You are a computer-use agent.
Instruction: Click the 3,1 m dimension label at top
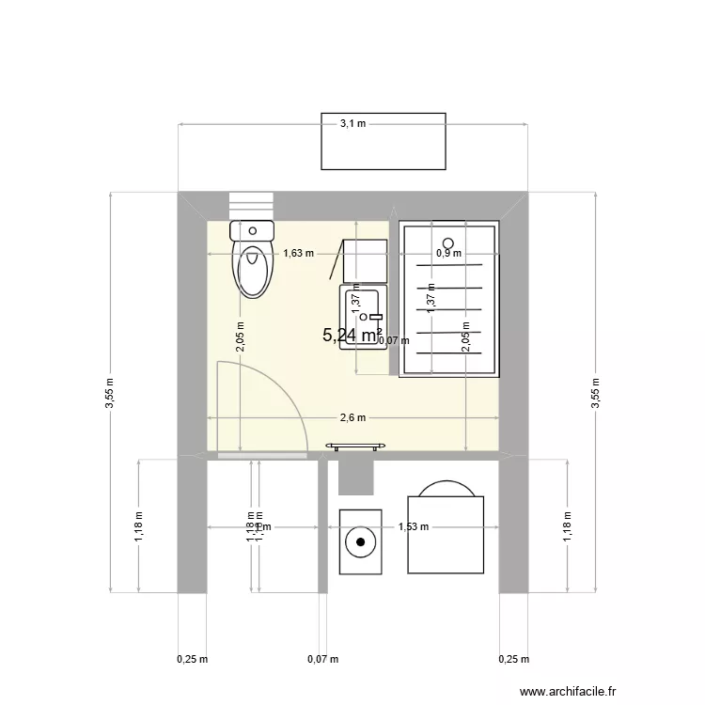(352, 123)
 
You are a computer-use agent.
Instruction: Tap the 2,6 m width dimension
(352, 418)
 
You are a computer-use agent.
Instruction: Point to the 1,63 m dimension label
(299, 253)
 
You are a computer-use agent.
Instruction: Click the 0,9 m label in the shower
(448, 253)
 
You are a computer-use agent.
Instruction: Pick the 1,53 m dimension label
(413, 527)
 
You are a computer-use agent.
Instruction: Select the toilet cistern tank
(252, 230)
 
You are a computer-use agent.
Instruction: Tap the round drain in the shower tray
(448, 239)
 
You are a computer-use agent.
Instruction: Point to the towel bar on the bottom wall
(355, 446)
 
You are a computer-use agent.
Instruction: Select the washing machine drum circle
(359, 541)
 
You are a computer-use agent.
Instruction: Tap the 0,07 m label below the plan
(322, 659)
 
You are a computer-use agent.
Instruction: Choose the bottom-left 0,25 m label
(192, 659)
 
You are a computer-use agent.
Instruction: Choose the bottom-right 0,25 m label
(513, 659)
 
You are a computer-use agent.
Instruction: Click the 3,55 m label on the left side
(110, 393)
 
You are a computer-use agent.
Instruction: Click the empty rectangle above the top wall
(384, 142)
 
